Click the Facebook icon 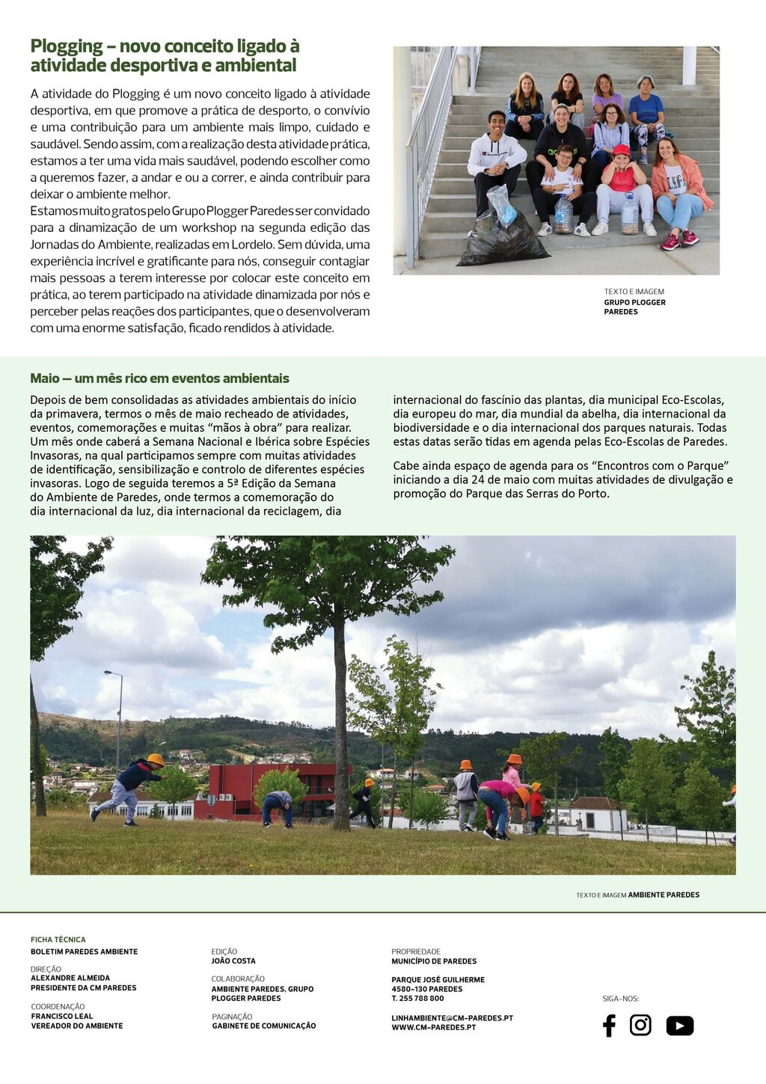pyautogui.click(x=609, y=1026)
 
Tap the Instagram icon pyautogui.click(x=640, y=1025)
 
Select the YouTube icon pyautogui.click(x=679, y=1026)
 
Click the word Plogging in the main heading pyautogui.click(x=67, y=46)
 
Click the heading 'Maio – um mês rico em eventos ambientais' pyautogui.click(x=159, y=379)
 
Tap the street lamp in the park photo pyautogui.click(x=117, y=718)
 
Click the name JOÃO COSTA pyautogui.click(x=233, y=961)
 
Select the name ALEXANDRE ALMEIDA pyautogui.click(x=70, y=978)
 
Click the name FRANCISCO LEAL pyautogui.click(x=62, y=1017)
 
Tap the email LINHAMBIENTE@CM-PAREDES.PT pyautogui.click(x=452, y=1018)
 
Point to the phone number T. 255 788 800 pyautogui.click(x=417, y=999)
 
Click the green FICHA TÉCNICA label pyautogui.click(x=58, y=940)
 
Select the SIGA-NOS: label pyautogui.click(x=621, y=999)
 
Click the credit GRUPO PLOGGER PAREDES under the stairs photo pyautogui.click(x=634, y=307)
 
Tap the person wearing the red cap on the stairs pyautogui.click(x=622, y=180)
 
